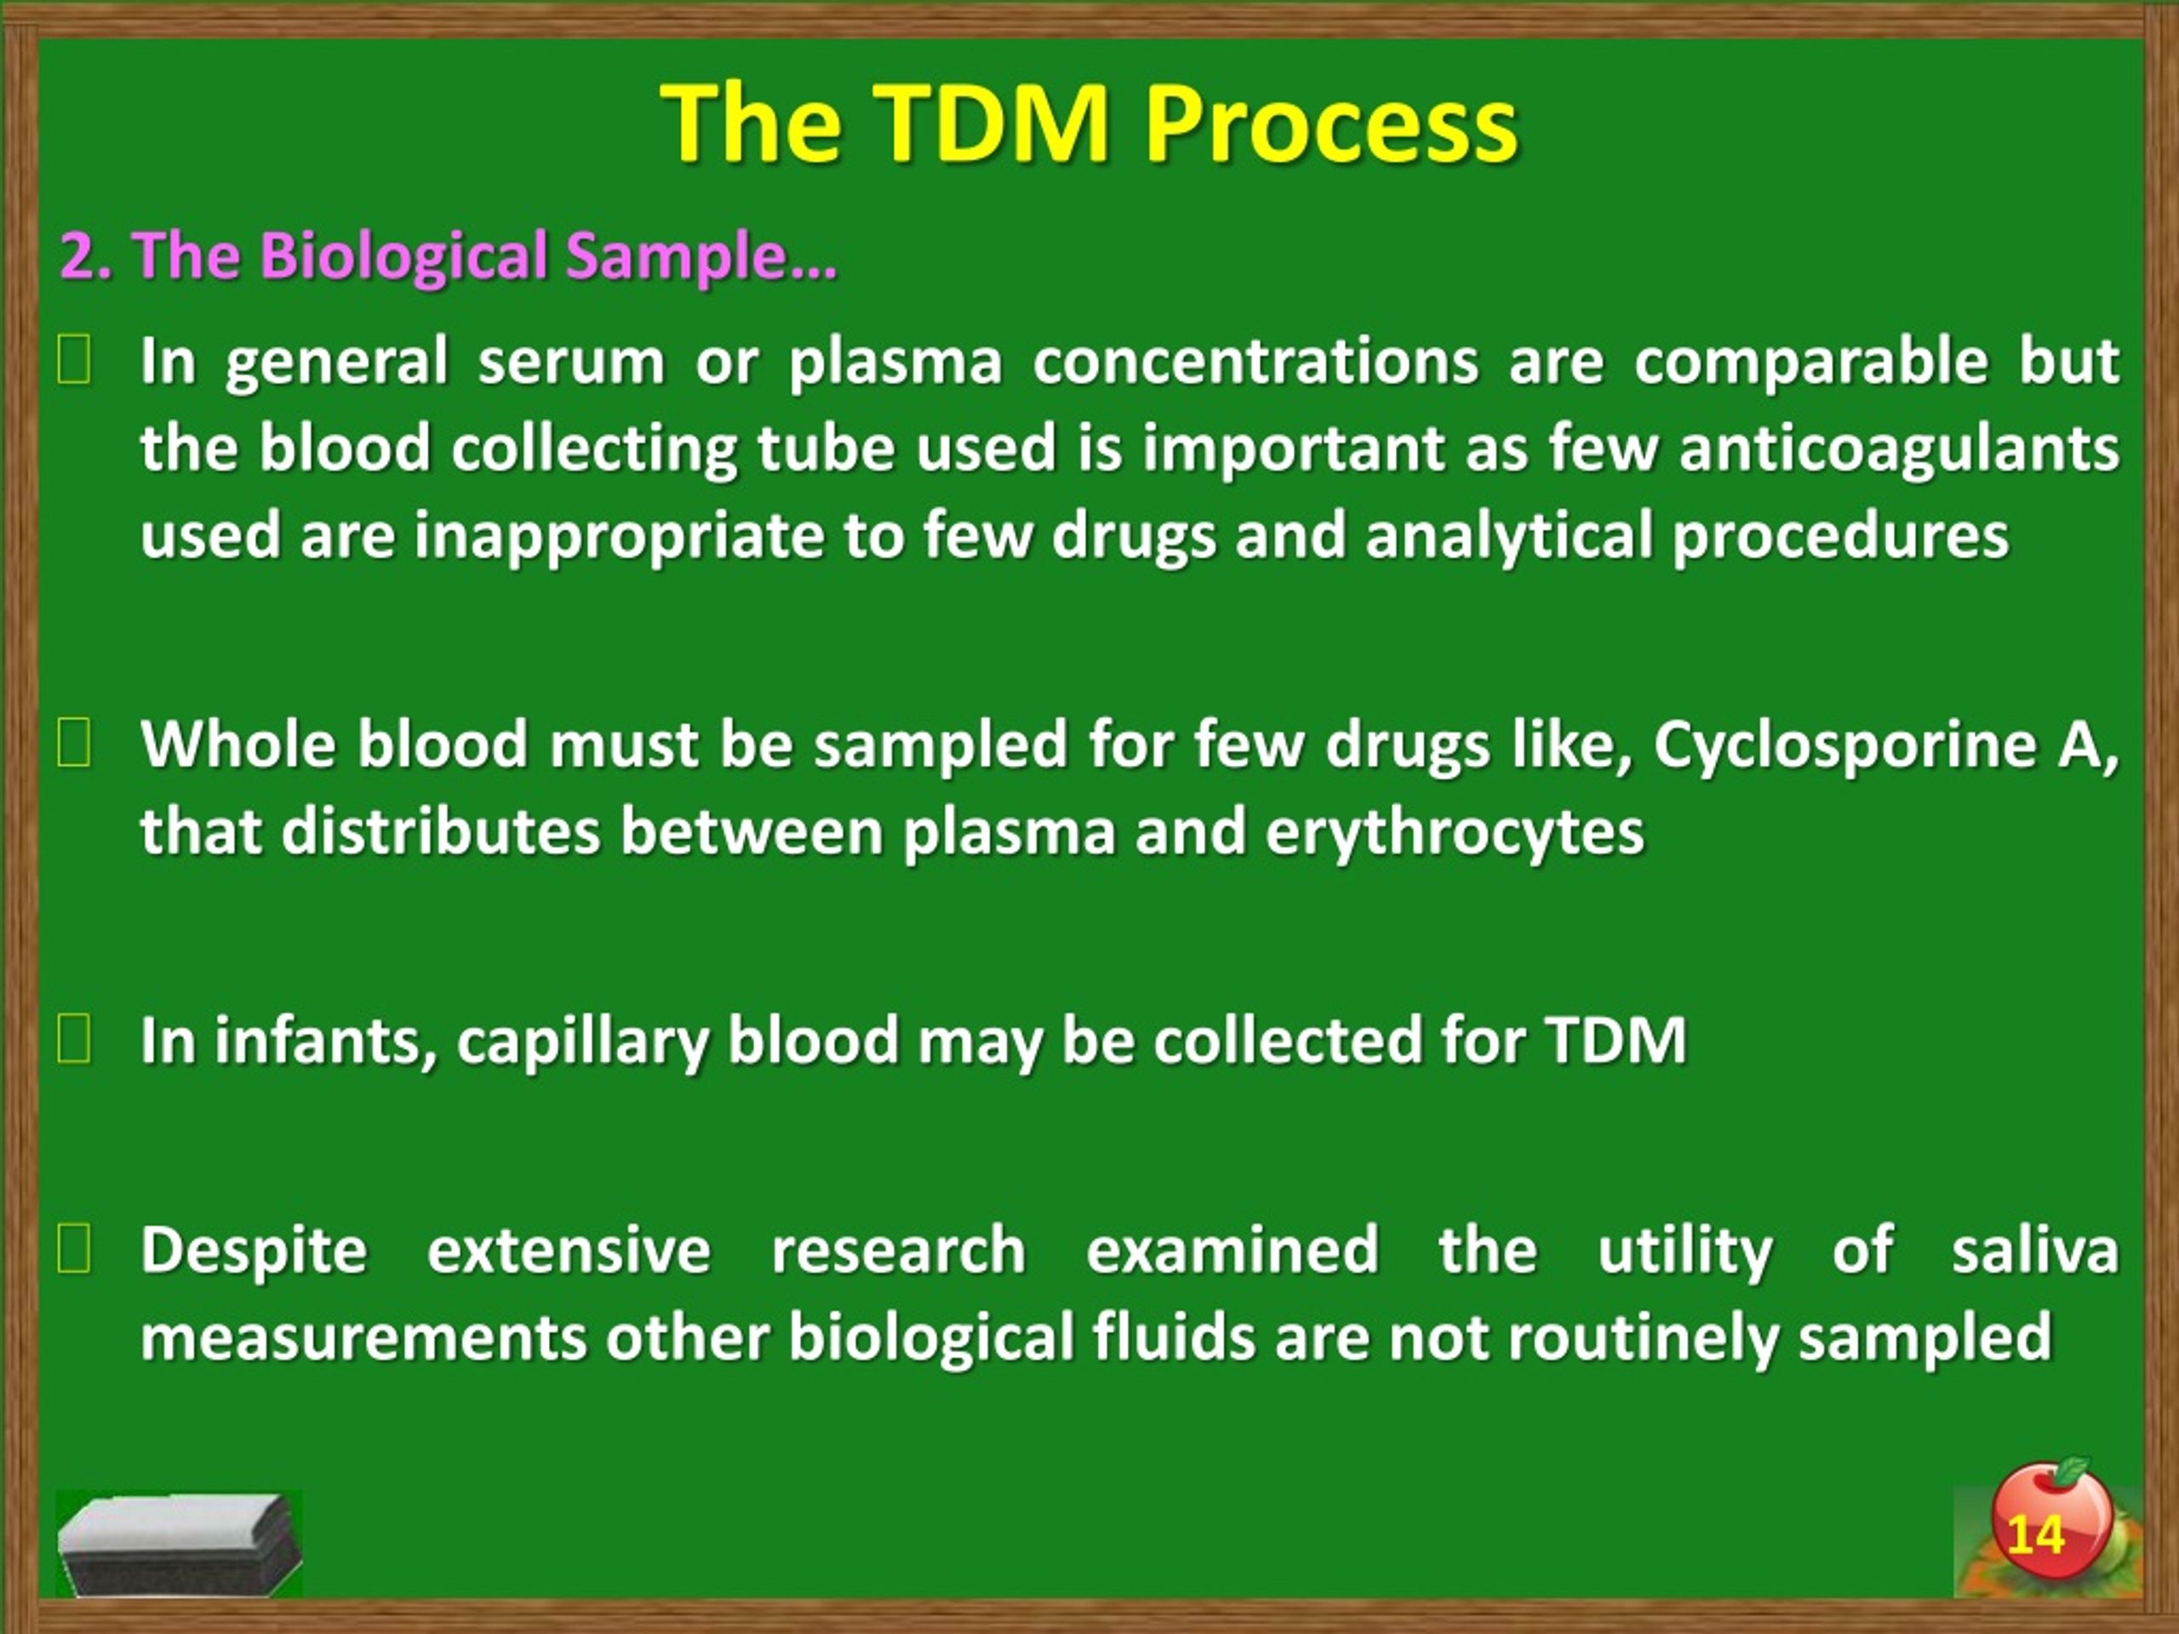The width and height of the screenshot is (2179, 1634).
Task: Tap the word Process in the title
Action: (1331, 125)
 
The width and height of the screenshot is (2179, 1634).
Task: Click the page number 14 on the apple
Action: (2034, 1535)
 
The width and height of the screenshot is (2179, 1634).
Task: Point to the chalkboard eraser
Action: (180, 1544)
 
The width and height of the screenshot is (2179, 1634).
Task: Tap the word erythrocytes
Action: (1454, 833)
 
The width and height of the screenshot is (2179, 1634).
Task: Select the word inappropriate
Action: (619, 538)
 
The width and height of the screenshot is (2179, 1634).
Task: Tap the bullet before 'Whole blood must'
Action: (74, 745)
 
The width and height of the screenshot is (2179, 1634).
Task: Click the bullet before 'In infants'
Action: (74, 1040)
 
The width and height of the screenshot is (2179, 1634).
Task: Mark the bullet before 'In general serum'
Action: (74, 361)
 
